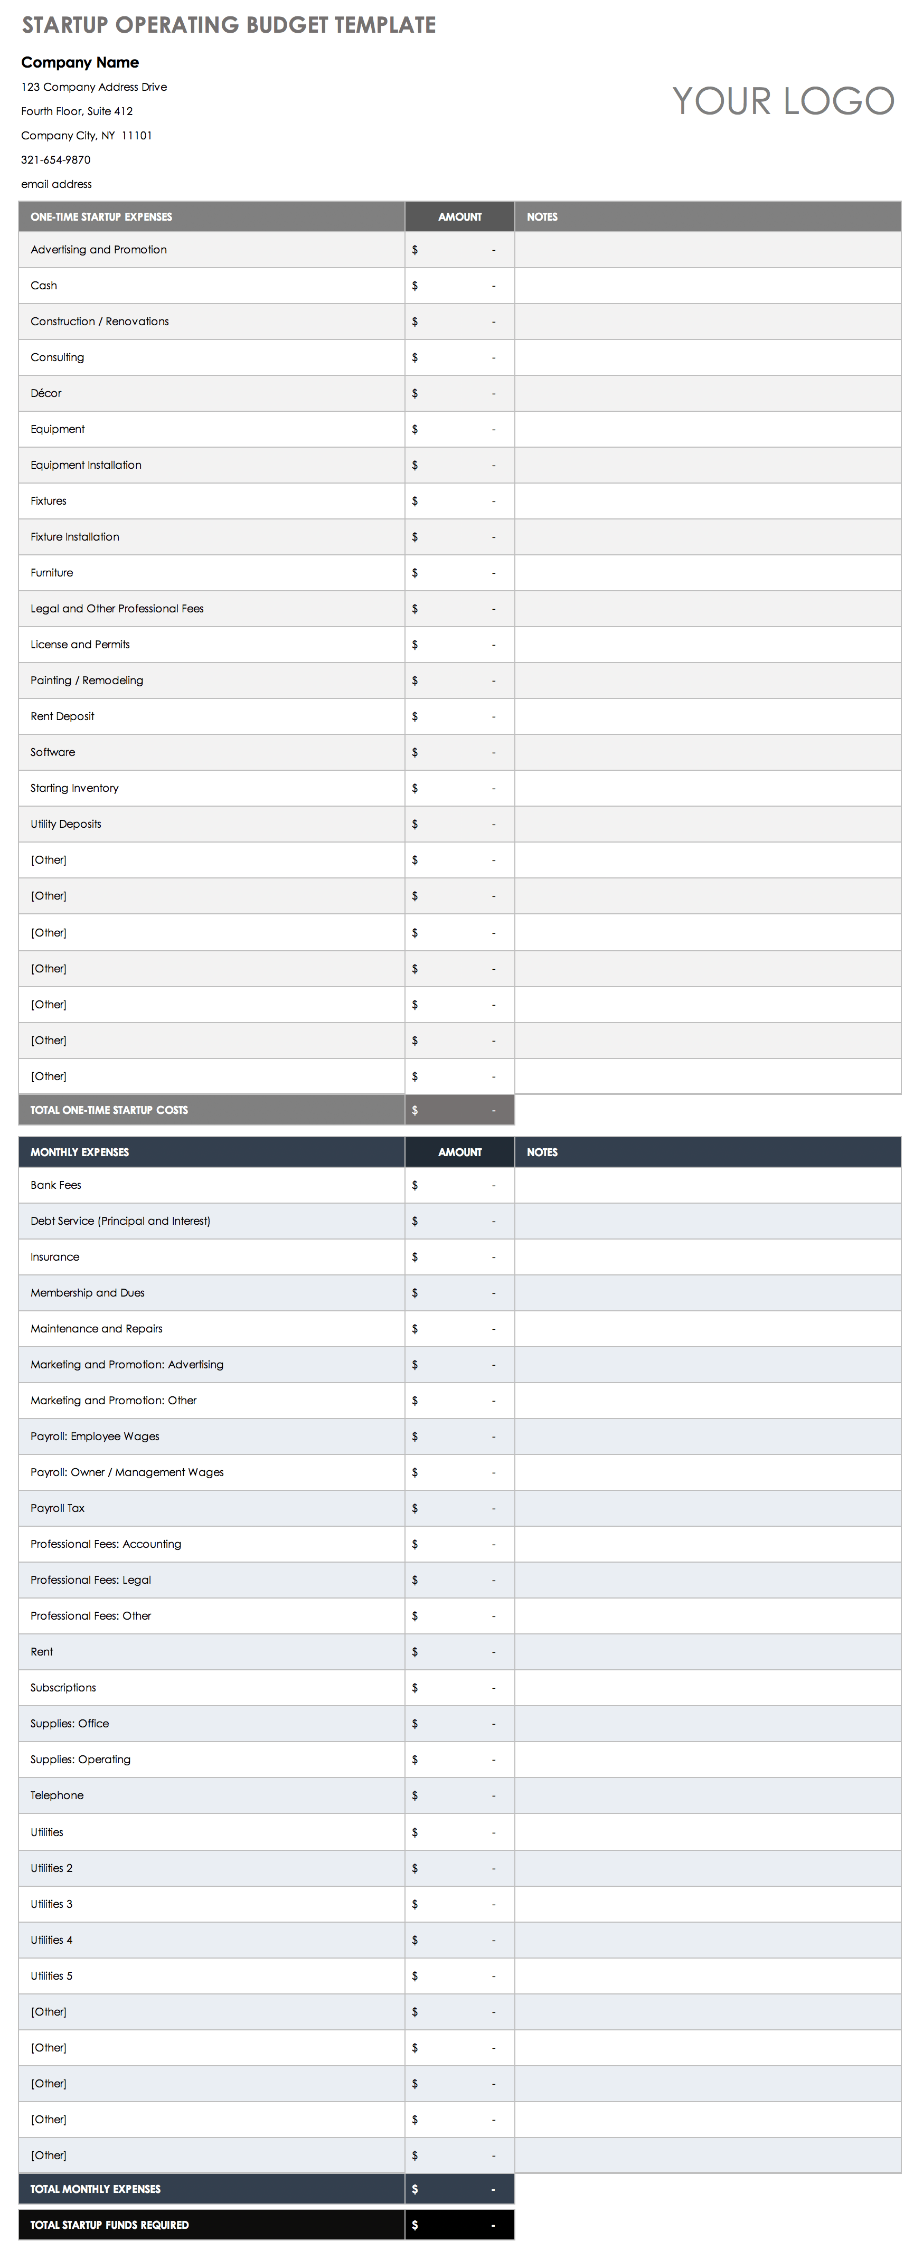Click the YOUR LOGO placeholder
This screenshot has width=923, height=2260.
click(783, 101)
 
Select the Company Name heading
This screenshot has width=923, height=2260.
click(80, 62)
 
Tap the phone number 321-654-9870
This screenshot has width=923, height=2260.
click(56, 159)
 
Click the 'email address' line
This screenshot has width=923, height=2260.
click(56, 184)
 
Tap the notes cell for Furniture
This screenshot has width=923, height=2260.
click(707, 573)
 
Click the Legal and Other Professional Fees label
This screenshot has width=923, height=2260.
click(117, 609)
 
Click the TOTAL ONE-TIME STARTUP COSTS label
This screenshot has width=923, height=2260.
click(109, 1110)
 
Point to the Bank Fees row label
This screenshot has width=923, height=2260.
click(55, 1185)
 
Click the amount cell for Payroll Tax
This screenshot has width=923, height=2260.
click(459, 1508)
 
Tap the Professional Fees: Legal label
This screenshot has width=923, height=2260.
click(90, 1580)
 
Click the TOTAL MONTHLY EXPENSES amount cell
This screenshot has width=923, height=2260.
click(459, 2189)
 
